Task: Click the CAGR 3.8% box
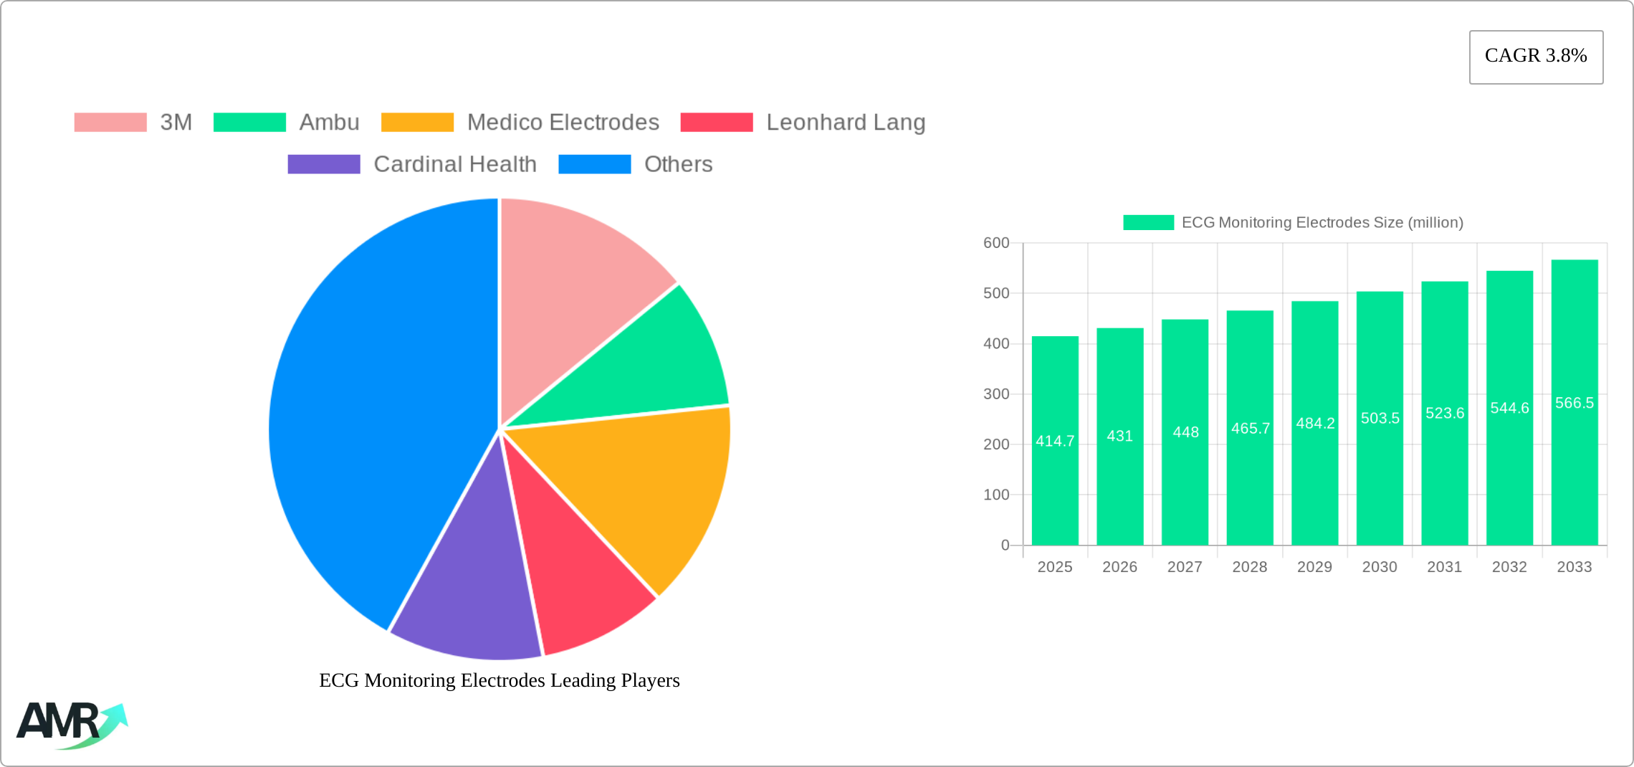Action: pyautogui.click(x=1536, y=57)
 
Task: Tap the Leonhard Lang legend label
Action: pyautogui.click(x=846, y=123)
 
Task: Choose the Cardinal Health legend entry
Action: pyautogui.click(x=454, y=164)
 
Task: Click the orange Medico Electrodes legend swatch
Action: pyautogui.click(x=417, y=123)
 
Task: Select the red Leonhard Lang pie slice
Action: pyautogui.click(x=573, y=573)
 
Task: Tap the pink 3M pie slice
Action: pyautogui.click(x=573, y=287)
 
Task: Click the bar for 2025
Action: pyautogui.click(x=1055, y=487)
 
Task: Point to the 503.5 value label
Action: pyautogui.click(x=1380, y=418)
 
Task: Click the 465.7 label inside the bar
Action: pyautogui.click(x=1250, y=428)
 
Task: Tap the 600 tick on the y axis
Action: pyautogui.click(x=995, y=243)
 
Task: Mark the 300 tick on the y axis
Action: pyautogui.click(x=995, y=394)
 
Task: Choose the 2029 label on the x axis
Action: pyautogui.click(x=1314, y=567)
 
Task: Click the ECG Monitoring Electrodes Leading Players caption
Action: pyautogui.click(x=499, y=680)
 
